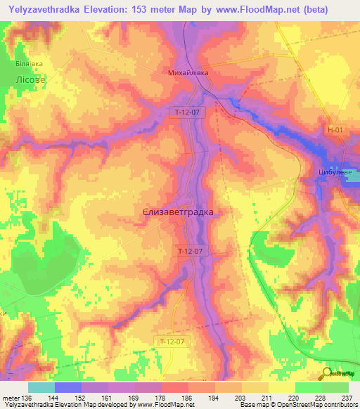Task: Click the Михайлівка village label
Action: click(x=188, y=72)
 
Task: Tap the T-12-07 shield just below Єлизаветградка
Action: click(x=191, y=250)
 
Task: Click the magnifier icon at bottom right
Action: click(x=326, y=374)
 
